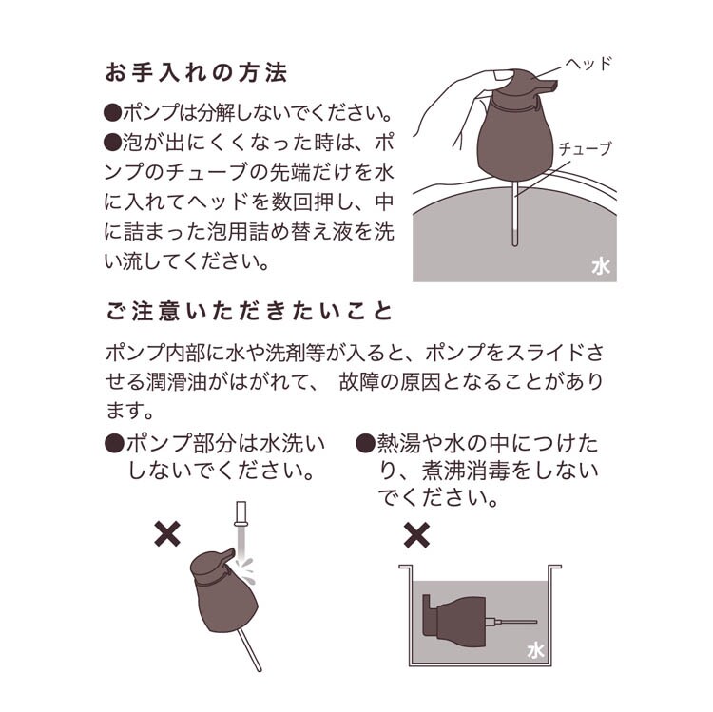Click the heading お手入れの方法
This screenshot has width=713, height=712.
pos(196,73)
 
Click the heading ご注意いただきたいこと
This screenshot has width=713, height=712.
pos(249,312)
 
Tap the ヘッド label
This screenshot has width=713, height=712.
pos(588,63)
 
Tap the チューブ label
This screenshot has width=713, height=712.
pos(586,148)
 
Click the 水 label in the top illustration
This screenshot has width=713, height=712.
pos(601,267)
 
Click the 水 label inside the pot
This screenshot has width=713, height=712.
pos(535,651)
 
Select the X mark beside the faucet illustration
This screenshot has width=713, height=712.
pos(167,534)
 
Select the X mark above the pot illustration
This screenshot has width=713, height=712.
pos(416,534)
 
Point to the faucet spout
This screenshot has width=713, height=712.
pos(241,513)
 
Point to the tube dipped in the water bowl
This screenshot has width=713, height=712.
pos(514,214)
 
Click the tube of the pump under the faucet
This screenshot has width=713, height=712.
pos(251,650)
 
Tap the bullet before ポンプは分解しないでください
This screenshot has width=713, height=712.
pos(113,113)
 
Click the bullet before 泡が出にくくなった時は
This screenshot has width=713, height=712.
pos(113,143)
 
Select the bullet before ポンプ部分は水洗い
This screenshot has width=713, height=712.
pos(114,443)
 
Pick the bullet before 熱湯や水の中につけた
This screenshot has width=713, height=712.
pos(365,443)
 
